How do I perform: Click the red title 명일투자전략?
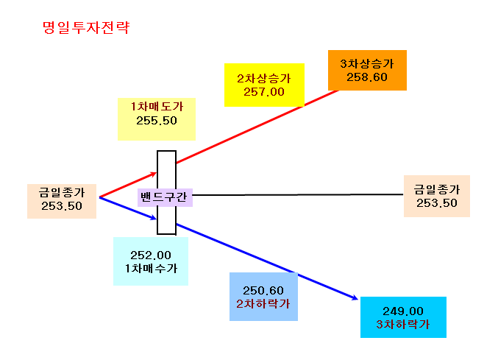[86, 28]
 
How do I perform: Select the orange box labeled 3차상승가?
[367, 70]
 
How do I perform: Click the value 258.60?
[367, 77]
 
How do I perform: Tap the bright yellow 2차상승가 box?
[264, 85]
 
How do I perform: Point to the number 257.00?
[264, 92]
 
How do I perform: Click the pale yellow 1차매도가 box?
[157, 119]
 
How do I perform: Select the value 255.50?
[157, 121]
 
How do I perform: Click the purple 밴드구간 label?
[165, 197]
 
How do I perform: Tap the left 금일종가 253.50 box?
[62, 201]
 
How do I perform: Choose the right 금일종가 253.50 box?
[437, 196]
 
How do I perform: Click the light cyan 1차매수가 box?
[151, 261]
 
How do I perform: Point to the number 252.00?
[151, 255]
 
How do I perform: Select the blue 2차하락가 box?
[263, 297]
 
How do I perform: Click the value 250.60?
[263, 290]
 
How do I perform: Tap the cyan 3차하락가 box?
[403, 317]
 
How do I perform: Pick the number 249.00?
[403, 311]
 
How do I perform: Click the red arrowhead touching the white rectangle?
[153, 174]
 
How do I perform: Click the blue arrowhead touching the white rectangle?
[153, 217]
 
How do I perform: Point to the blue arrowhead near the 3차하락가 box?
[354, 297]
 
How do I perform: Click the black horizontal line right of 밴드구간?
[298, 195]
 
